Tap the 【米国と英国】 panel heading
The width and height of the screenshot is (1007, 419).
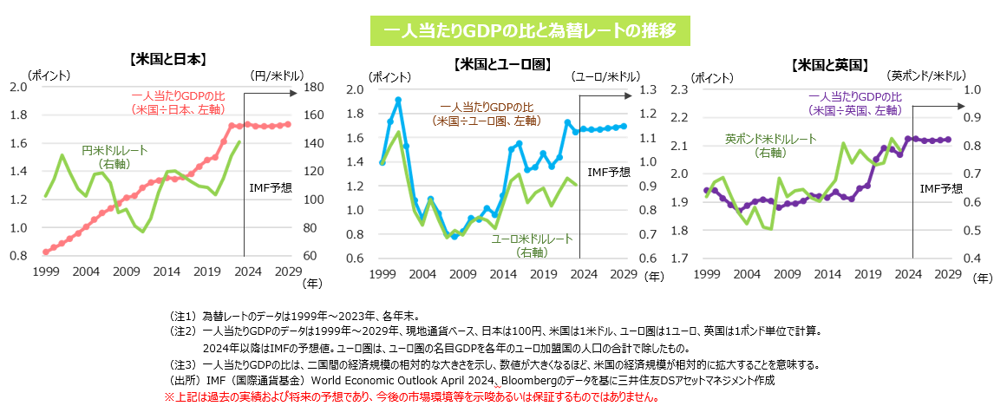pyautogui.click(x=829, y=64)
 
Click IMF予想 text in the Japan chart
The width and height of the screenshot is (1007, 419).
pyautogui.click(x=270, y=187)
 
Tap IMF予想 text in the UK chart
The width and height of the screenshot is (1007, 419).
pyautogui.click(x=941, y=187)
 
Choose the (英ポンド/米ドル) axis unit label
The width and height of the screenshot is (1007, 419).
pyautogui.click(x=930, y=75)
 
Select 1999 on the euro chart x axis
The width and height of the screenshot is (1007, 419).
pyautogui.click(x=382, y=274)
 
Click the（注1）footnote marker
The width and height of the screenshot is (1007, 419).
pyautogui.click(x=183, y=316)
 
